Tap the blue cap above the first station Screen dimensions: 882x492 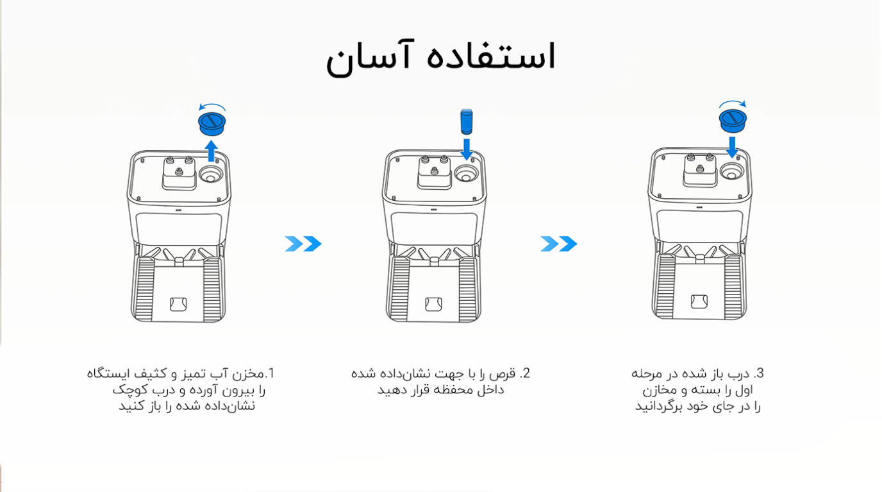pos(212,124)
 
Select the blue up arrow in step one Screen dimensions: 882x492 pos(212,151)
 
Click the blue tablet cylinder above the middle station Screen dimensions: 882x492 pos(467,122)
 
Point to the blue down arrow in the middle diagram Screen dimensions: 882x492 pos(467,149)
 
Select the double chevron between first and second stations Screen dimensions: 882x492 pos(303,244)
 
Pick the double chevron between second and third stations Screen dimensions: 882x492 pos(559,244)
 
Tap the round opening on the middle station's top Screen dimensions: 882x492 pos(466,174)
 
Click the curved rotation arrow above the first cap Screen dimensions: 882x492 pos(212,106)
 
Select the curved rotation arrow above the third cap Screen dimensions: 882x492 pos(733,103)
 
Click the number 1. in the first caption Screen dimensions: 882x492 pos(270,373)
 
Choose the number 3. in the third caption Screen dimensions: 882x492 pos(758,373)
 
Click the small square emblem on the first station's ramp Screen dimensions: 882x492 pos(178,304)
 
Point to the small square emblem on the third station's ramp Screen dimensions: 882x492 pos(699,301)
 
